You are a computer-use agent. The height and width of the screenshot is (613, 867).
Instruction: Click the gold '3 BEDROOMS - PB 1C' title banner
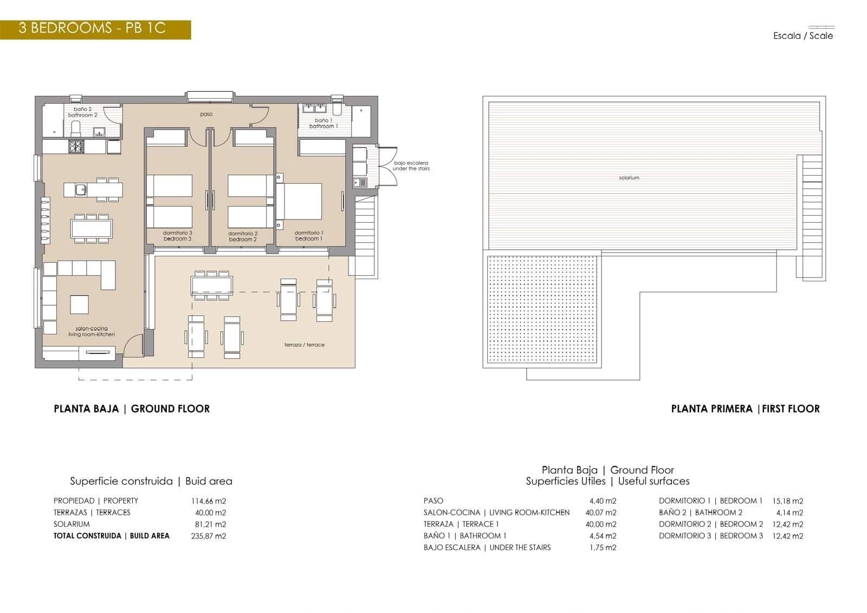(x=95, y=29)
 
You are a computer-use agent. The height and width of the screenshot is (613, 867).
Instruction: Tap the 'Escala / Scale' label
(x=803, y=36)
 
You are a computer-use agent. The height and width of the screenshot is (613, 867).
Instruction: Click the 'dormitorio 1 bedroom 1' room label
(x=309, y=236)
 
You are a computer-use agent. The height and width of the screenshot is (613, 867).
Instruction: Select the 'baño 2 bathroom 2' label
(x=83, y=112)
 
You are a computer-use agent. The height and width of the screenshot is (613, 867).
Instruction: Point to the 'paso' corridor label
(x=206, y=114)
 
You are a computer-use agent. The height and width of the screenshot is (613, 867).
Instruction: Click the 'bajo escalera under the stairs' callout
(x=411, y=166)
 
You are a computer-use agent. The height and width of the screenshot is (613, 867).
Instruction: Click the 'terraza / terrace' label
(x=304, y=345)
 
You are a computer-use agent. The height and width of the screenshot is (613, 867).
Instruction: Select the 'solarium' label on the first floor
(x=629, y=178)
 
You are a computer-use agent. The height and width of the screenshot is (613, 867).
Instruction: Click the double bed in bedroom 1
(x=301, y=201)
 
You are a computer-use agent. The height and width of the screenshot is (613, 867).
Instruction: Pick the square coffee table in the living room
(x=80, y=304)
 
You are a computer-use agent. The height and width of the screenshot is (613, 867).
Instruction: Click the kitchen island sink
(x=80, y=190)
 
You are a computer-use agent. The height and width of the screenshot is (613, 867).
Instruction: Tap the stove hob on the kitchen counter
(x=75, y=146)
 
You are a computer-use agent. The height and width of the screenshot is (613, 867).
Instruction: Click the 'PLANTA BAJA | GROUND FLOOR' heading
(x=132, y=409)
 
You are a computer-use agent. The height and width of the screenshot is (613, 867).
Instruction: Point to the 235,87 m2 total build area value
(x=209, y=536)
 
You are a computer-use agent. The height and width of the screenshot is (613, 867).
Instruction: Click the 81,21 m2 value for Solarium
(x=210, y=524)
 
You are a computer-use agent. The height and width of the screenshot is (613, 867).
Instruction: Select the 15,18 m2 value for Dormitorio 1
(x=787, y=501)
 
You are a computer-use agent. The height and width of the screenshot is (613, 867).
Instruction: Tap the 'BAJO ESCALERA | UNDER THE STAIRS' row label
(x=487, y=547)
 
